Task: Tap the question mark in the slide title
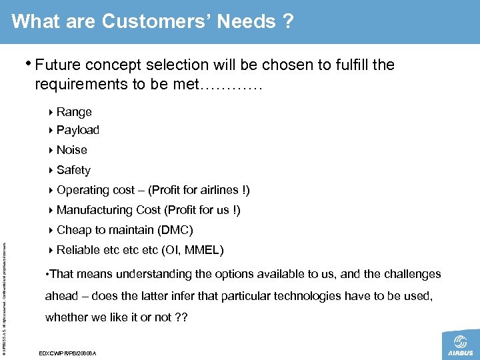click(287, 22)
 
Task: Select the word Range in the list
click(74, 112)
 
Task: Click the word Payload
click(78, 130)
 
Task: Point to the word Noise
click(72, 150)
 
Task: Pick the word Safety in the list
click(73, 170)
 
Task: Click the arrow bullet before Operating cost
click(52, 190)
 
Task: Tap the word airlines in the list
click(221, 190)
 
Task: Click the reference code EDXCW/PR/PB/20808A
click(68, 351)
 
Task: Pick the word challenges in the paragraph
click(410, 274)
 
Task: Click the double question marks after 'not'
click(180, 317)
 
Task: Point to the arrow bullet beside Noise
click(52, 150)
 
